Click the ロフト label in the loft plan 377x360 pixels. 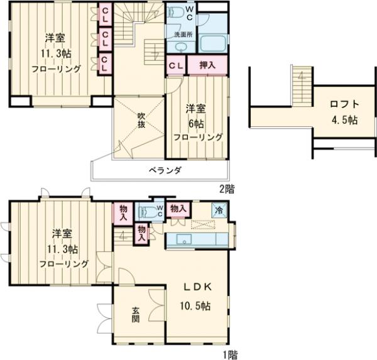point(344,104)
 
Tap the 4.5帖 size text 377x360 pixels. point(344,120)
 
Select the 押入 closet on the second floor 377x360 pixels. point(207,65)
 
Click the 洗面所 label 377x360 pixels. point(183,34)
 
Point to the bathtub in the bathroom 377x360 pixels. point(213,43)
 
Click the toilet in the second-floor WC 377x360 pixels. point(174,11)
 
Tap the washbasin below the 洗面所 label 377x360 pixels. point(181,47)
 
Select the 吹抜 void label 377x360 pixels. point(141,120)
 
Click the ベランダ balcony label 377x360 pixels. point(165,170)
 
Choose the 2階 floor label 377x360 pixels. point(226,188)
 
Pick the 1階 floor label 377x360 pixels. point(230,355)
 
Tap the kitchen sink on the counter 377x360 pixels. point(184,239)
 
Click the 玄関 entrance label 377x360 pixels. point(135,315)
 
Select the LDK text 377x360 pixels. point(198,287)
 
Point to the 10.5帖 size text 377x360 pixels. point(195,306)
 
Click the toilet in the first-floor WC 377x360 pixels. point(148,212)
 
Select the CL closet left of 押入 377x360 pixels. point(177,65)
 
